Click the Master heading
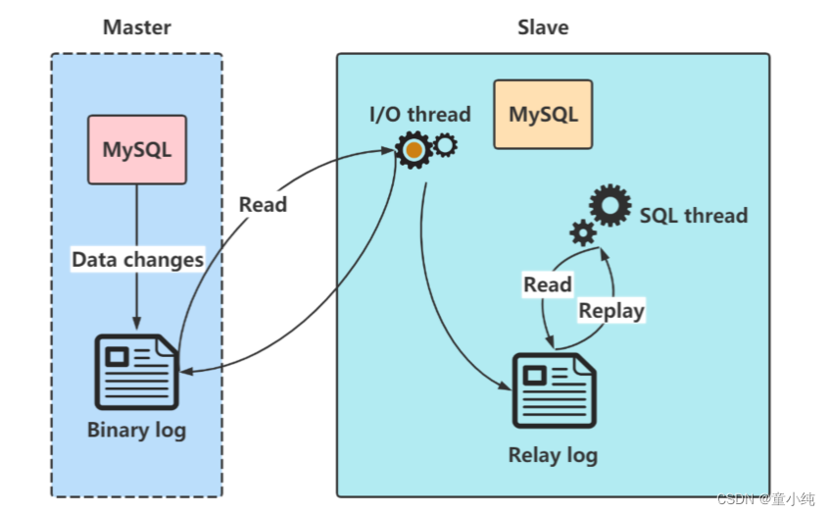pos(136,26)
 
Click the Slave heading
pos(543,26)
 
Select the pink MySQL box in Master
pos(137,151)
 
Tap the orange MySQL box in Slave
pos(543,115)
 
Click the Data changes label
pos(137,260)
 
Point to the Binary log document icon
pos(136,372)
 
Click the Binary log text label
pos(136,430)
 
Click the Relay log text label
pos(553,455)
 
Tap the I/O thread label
pos(419,114)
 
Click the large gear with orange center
pos(415,151)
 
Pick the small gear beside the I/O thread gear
pos(445,146)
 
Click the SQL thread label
pos(694,215)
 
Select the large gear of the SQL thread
pos(610,206)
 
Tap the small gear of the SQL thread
pos(583,233)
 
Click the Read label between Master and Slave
pos(263,204)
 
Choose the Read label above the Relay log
pos(547,284)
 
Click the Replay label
pos(611,311)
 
